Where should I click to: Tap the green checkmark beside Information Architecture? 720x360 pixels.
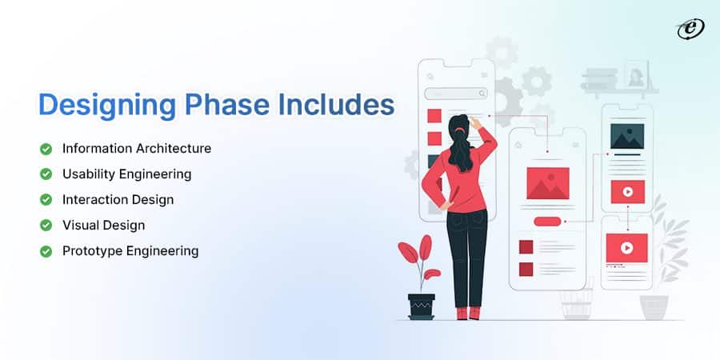tap(46, 148)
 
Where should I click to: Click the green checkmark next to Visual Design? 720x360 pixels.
tap(46, 225)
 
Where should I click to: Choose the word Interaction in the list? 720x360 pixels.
tap(92, 199)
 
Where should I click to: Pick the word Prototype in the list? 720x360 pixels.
tap(90, 250)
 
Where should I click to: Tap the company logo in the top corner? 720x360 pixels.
tap(689, 29)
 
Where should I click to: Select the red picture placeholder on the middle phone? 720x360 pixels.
tap(547, 183)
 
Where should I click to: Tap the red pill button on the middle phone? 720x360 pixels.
tap(547, 221)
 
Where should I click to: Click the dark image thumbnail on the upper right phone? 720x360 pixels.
tap(627, 135)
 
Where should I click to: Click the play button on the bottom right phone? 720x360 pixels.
tap(626, 246)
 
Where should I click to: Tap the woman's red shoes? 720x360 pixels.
tap(468, 313)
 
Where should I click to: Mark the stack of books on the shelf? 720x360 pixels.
tap(599, 79)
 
